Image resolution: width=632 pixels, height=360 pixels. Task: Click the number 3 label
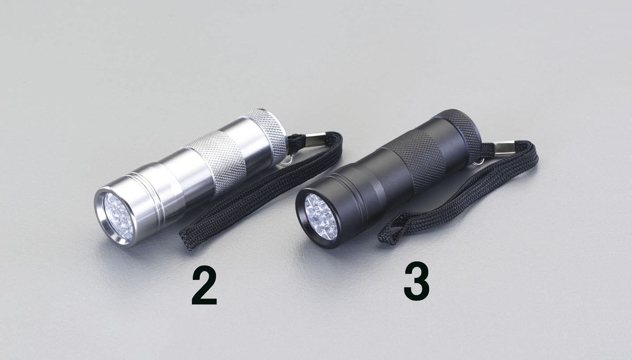[x=417, y=283]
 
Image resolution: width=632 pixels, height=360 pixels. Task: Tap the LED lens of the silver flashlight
[x=117, y=216]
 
